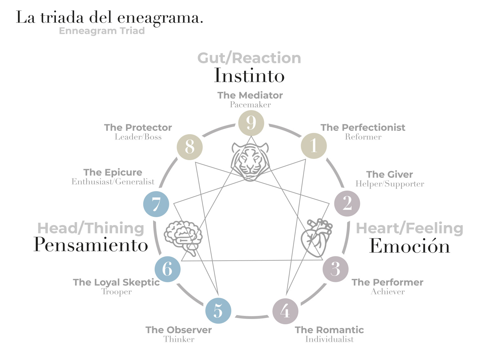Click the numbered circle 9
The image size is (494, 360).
251,123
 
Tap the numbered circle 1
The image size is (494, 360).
314,146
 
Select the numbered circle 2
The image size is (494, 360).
347,203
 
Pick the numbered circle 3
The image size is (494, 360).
335,269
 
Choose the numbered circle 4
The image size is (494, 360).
285,311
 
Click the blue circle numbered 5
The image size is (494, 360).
218,311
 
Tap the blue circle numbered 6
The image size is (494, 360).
168,269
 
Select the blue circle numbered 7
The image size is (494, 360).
156,204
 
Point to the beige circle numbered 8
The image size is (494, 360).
190,147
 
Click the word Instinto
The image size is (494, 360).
249,76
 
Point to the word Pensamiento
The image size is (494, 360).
91,245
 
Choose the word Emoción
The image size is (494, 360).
409,246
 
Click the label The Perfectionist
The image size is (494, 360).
363,127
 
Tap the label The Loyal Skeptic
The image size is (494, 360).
116,282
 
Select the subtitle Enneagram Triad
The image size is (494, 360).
102,31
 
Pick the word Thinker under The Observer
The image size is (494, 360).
179,339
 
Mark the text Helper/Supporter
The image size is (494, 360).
390,184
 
